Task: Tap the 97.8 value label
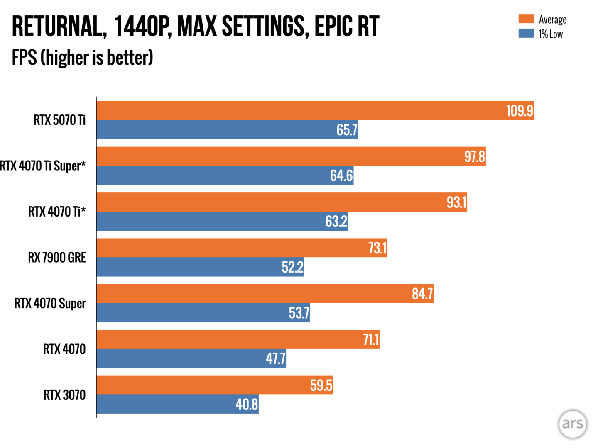474,157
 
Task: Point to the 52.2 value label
292,267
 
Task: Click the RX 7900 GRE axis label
57,258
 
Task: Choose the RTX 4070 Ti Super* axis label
43,166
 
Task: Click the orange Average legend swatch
526,19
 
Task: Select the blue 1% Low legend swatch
526,34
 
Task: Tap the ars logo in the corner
572,424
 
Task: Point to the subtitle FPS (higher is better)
82,58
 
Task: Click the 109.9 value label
519,111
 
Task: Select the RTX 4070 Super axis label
50,303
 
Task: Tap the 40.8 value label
247,404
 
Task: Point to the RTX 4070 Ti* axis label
57,212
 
